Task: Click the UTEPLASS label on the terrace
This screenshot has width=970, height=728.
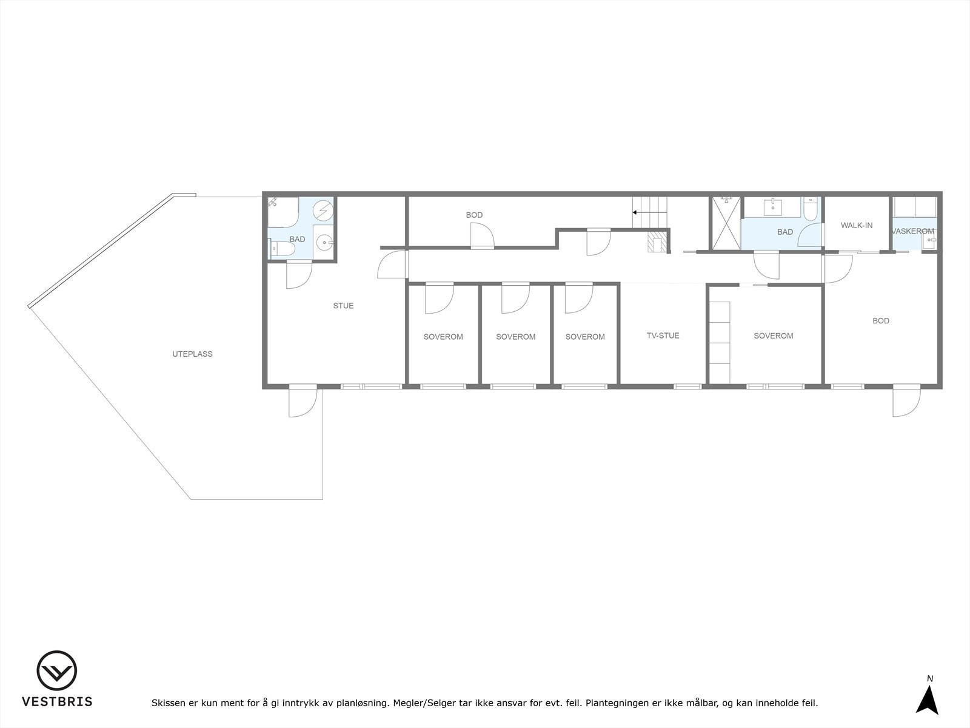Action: tap(192, 354)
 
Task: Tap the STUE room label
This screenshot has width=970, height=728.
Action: tap(343, 306)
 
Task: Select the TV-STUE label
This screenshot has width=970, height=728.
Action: tap(663, 335)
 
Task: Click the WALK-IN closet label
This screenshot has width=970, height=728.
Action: tap(856, 225)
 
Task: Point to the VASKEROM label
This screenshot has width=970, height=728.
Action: tap(913, 231)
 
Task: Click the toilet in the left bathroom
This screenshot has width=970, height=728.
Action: tap(282, 248)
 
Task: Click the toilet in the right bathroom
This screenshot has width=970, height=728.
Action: tap(811, 210)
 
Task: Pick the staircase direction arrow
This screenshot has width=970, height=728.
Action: tap(637, 212)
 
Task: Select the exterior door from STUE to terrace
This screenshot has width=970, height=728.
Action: tap(303, 402)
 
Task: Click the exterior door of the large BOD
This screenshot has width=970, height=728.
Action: tap(906, 402)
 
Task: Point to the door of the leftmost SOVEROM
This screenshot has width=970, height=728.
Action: tap(438, 298)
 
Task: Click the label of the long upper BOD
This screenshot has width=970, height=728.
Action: tap(474, 215)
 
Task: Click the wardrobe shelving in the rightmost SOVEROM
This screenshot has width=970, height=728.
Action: tap(720, 334)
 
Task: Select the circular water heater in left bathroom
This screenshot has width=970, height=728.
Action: tap(323, 210)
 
